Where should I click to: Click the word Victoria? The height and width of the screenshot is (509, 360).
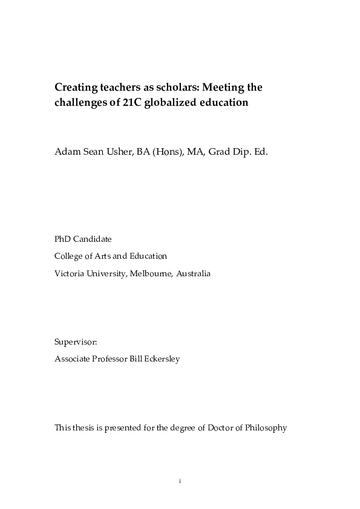coord(69,274)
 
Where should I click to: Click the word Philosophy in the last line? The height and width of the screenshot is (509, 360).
coord(266,428)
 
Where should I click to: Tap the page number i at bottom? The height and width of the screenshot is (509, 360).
coord(180,481)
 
